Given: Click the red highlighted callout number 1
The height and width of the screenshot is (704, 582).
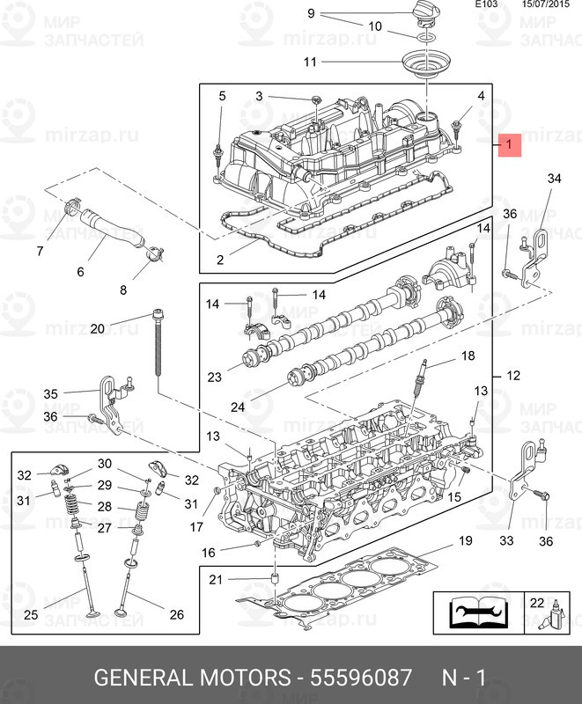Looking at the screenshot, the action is [x=509, y=144].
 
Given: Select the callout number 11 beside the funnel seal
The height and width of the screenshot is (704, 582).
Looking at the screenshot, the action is [x=310, y=62].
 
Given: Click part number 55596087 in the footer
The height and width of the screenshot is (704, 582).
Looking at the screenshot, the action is [x=361, y=677].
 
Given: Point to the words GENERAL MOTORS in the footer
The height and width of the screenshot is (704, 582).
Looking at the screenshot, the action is [x=192, y=677].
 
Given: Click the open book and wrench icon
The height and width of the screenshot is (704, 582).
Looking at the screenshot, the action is [x=479, y=612].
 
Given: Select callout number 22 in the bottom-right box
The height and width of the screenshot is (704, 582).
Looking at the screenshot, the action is [x=537, y=603].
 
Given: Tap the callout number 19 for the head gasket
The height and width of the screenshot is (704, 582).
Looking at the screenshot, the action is [x=465, y=540].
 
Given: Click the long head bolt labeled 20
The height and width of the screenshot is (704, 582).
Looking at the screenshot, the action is [x=158, y=343].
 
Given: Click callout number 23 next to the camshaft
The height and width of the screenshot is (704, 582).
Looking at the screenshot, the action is [x=214, y=377].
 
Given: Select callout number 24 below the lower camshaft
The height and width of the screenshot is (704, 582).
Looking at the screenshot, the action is [x=238, y=407].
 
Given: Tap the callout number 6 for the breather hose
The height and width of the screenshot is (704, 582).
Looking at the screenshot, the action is [x=80, y=272].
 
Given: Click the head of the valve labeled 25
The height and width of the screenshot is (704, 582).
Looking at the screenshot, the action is [x=92, y=612].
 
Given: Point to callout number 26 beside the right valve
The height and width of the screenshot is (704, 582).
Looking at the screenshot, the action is [x=177, y=614].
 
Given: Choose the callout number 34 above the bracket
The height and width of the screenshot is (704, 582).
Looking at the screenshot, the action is [x=554, y=179].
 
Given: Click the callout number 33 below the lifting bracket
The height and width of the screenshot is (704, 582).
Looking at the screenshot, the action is [x=506, y=540].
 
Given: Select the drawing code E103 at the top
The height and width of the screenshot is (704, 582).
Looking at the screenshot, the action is [x=486, y=4].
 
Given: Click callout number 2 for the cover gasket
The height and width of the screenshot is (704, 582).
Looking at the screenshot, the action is [x=219, y=260].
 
